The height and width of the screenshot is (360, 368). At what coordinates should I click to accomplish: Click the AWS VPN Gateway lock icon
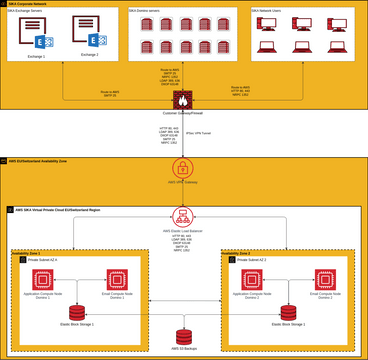click(x=185, y=171)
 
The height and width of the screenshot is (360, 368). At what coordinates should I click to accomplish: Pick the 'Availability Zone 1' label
click(x=26, y=253)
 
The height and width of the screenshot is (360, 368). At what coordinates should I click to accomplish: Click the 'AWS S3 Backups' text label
click(x=184, y=349)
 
